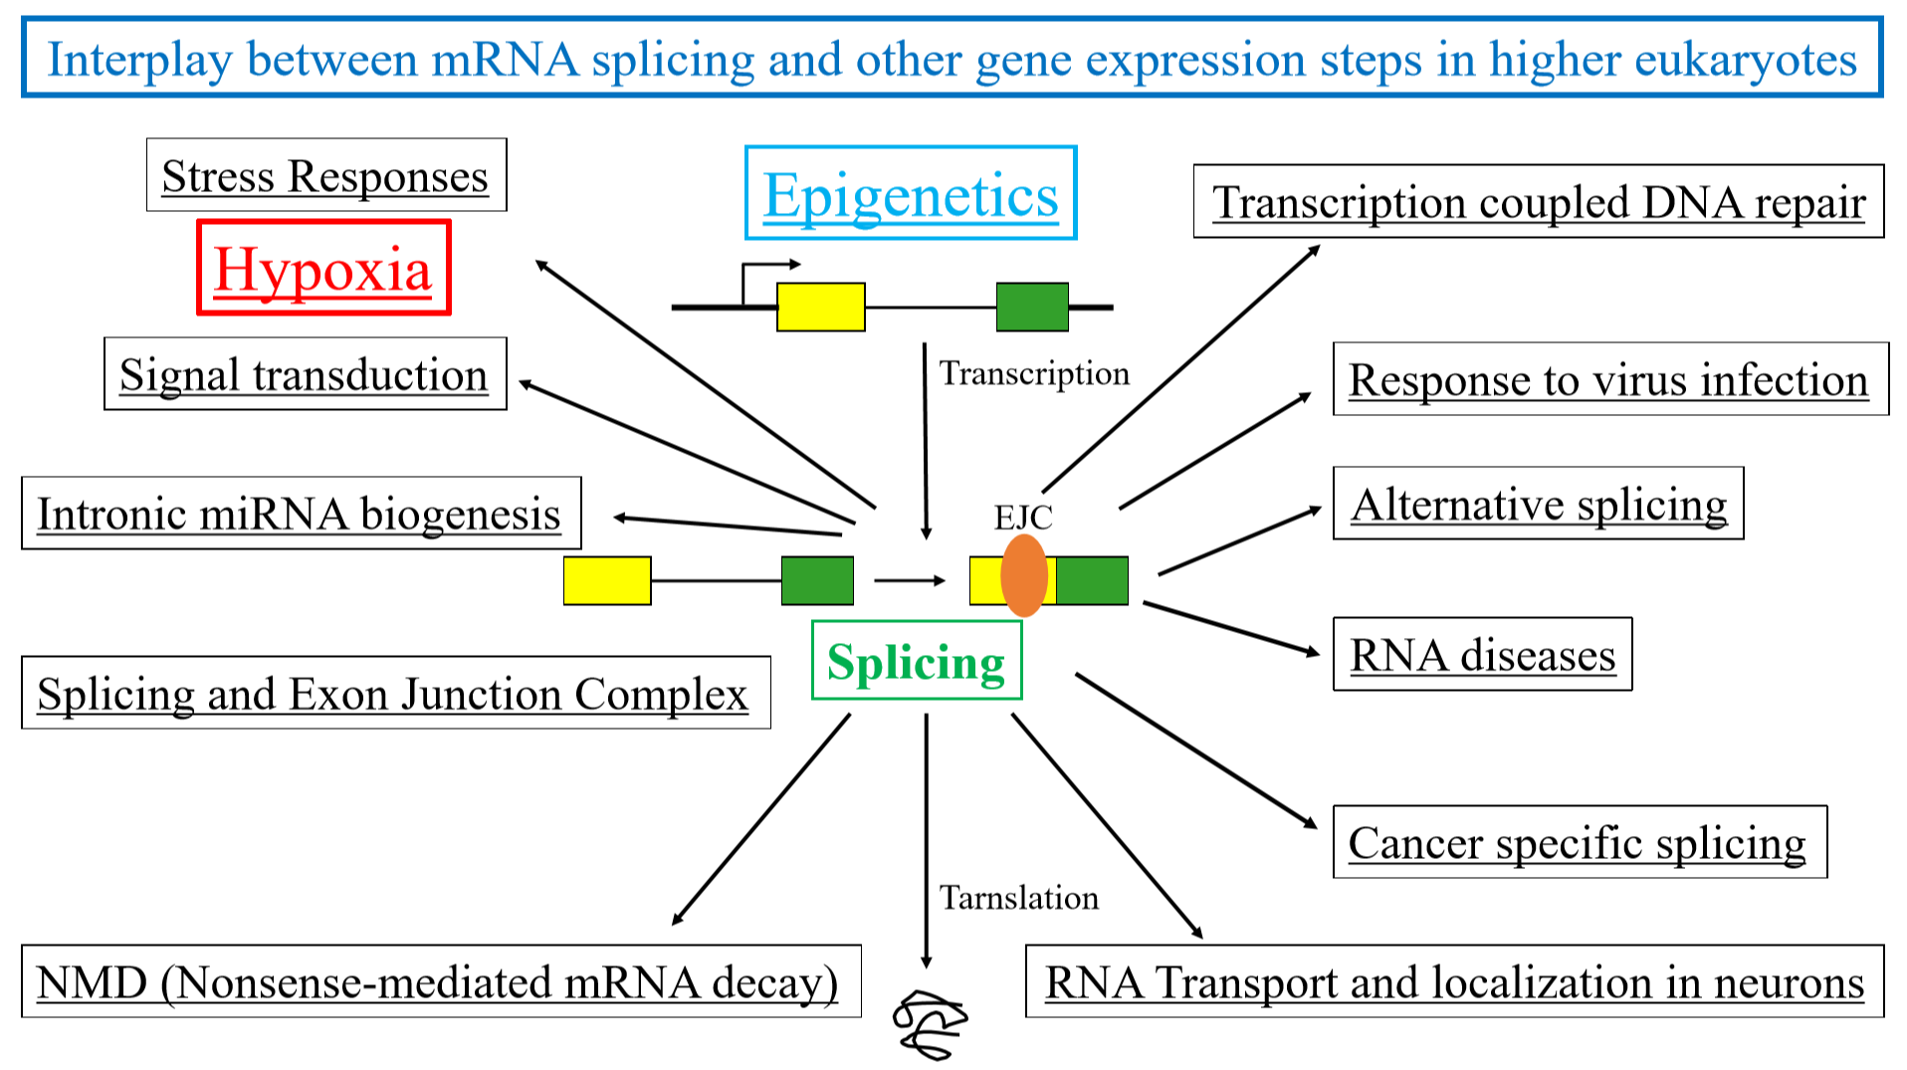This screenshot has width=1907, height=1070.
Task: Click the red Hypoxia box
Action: (323, 268)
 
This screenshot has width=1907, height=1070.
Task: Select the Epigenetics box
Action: (911, 193)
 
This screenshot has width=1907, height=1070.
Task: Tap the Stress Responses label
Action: (326, 175)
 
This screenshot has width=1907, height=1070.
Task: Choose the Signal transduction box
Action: (305, 373)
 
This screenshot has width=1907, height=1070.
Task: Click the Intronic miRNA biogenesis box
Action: (301, 513)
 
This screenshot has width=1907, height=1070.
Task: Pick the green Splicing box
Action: (917, 660)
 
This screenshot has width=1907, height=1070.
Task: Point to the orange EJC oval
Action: (1024, 575)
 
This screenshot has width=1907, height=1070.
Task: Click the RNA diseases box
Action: (1482, 654)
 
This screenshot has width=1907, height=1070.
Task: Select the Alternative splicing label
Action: (1538, 503)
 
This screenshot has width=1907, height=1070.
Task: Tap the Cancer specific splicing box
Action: (1580, 842)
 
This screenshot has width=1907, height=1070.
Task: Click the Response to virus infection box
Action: (1610, 378)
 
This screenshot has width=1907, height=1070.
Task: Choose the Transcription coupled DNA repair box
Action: (1539, 201)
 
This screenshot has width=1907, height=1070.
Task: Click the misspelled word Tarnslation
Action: (1019, 897)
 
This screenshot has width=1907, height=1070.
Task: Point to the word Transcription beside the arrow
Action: (1034, 373)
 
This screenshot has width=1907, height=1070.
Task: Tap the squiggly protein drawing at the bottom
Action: (930, 1024)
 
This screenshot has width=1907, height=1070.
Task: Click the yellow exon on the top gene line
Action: (821, 307)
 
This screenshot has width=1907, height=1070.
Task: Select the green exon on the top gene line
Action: (1032, 307)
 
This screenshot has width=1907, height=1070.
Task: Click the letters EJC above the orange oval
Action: (1023, 517)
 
